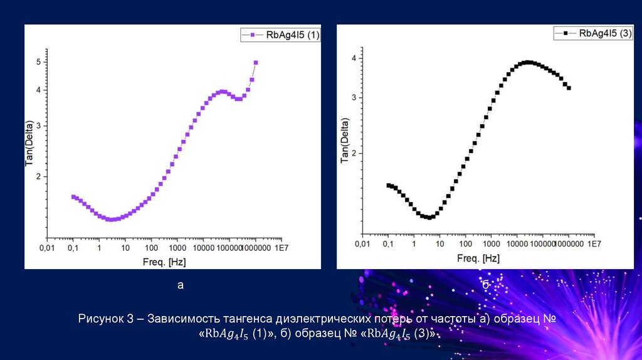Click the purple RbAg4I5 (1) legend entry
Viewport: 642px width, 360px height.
[282, 36]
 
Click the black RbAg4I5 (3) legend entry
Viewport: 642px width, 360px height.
[593, 34]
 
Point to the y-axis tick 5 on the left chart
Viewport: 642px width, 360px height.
[39, 62]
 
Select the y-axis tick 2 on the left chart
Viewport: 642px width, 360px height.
[39, 177]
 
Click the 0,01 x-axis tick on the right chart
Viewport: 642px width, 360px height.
[362, 245]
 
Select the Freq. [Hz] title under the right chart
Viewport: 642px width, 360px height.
[478, 258]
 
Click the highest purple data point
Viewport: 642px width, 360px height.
[256, 63]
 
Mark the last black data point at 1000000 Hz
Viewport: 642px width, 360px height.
[569, 88]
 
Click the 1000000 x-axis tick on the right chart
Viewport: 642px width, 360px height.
[569, 245]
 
